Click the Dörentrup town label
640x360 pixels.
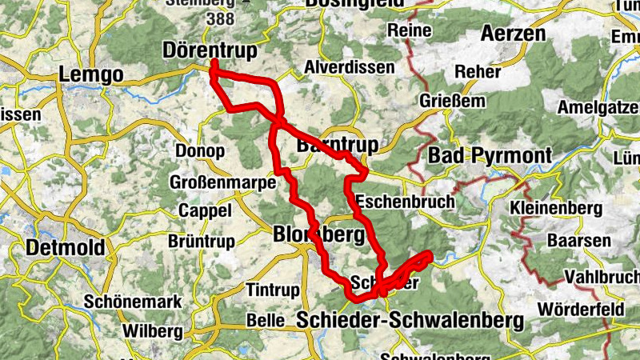[x=210, y=51]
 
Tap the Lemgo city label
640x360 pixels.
[x=91, y=75]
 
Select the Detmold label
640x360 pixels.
[x=66, y=248]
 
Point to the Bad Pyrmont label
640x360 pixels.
[x=490, y=155]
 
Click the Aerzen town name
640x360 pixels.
[x=513, y=34]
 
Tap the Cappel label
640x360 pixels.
[x=205, y=210]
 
